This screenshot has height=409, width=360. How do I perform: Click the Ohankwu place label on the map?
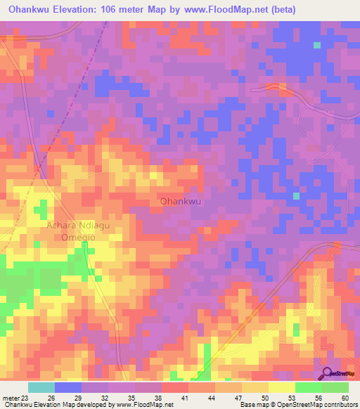181,201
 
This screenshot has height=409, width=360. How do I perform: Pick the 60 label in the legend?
345,398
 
